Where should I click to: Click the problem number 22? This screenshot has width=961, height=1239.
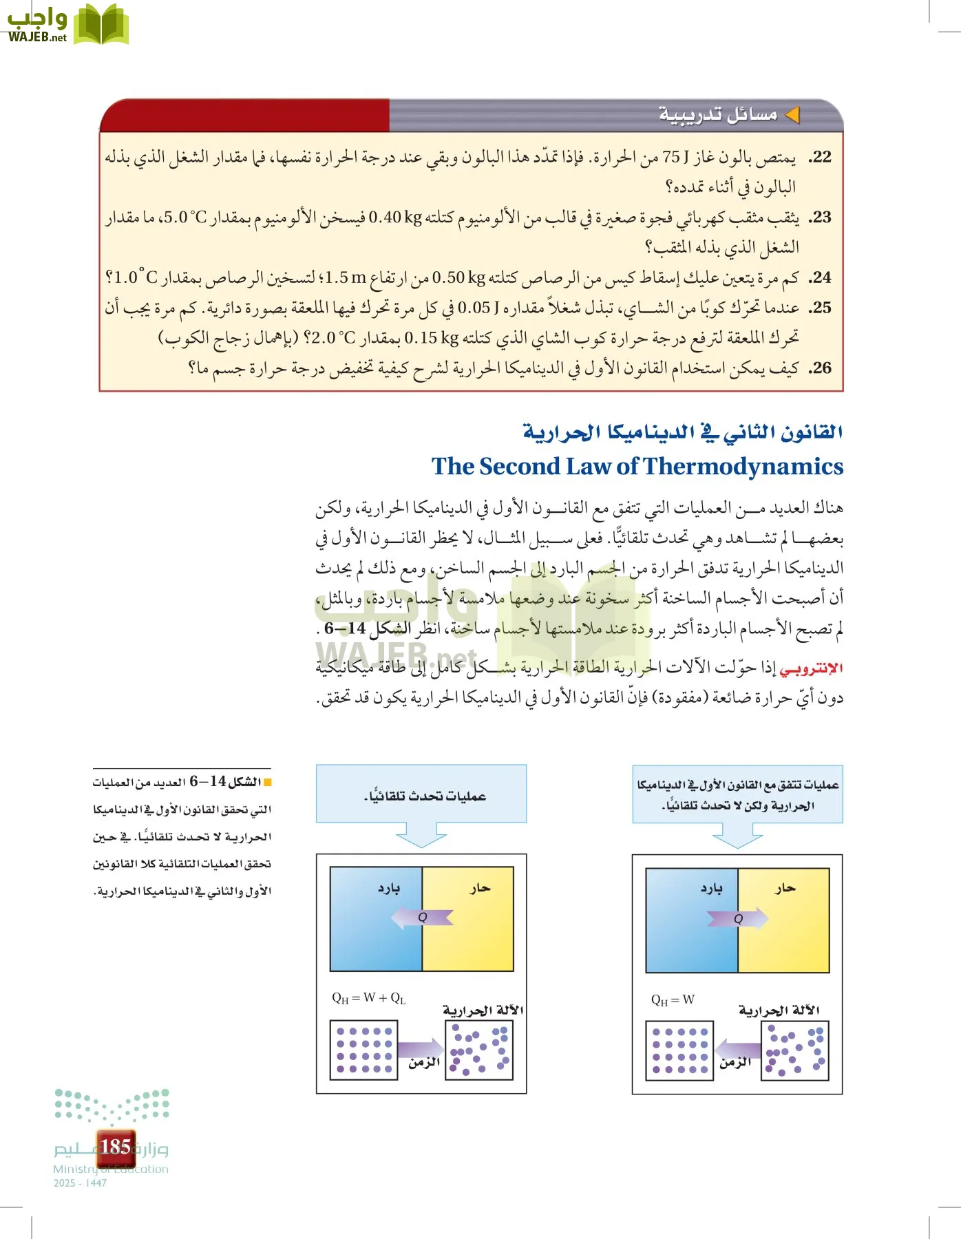[x=821, y=158]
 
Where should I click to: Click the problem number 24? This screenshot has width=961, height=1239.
[x=821, y=278]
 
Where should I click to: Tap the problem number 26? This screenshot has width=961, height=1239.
[x=821, y=368]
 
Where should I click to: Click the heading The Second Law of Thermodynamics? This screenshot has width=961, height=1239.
[x=637, y=467]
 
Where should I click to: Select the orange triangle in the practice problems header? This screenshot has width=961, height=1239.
[x=792, y=115]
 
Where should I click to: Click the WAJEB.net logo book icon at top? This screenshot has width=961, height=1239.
[x=101, y=25]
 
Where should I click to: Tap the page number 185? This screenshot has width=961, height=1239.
[x=116, y=1147]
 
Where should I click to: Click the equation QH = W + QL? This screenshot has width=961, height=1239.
[x=369, y=998]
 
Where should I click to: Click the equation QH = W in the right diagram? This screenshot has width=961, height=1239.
[x=673, y=999]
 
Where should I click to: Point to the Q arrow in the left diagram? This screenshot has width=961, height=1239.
[x=422, y=917]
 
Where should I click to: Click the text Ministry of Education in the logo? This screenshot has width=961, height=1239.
[x=111, y=1169]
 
